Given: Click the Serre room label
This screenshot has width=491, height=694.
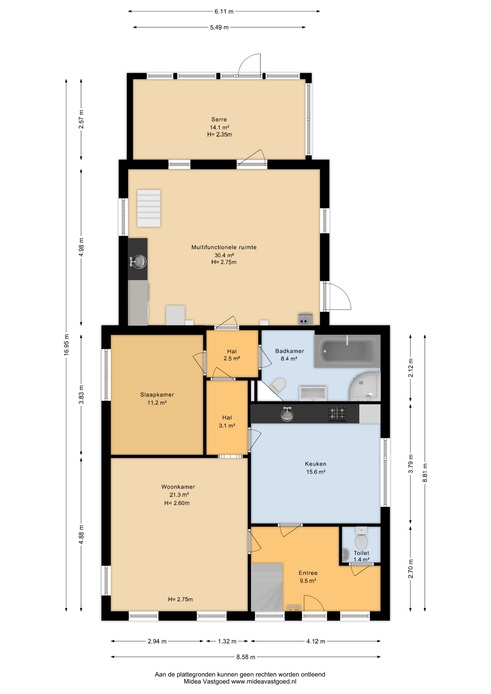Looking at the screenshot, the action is point(219,119).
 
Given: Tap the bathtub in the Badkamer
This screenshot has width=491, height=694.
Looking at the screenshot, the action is point(347,351).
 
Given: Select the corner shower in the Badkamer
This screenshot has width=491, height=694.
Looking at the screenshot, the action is point(364,386).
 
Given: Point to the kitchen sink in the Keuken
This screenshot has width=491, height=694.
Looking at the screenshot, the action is point(287,414).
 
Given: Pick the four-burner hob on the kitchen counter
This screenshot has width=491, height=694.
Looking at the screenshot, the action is point(337,414).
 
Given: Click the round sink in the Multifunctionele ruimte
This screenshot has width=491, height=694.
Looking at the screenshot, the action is point(138,261).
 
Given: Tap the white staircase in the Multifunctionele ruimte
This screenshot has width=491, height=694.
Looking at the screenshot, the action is point(149,208).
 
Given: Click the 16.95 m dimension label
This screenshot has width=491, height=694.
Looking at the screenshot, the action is point(66,345).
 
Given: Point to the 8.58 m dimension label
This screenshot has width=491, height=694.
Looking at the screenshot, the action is point(246,657).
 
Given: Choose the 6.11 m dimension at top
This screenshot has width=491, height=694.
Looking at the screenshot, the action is point(224,11).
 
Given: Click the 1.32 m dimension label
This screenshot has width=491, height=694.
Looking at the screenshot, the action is point(227,641).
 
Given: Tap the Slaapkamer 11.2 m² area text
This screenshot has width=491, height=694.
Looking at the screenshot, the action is point(157,403).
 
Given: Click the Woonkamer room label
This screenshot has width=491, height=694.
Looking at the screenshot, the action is point(178,487).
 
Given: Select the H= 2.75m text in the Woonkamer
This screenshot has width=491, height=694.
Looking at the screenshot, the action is point(180,599).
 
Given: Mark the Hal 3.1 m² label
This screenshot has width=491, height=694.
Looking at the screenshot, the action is point(227,421).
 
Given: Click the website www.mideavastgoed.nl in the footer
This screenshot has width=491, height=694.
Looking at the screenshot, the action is point(264,681).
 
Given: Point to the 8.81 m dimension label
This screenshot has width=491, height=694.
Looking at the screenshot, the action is point(425,473).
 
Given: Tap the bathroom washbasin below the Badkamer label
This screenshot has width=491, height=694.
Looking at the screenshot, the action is point(313,393).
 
